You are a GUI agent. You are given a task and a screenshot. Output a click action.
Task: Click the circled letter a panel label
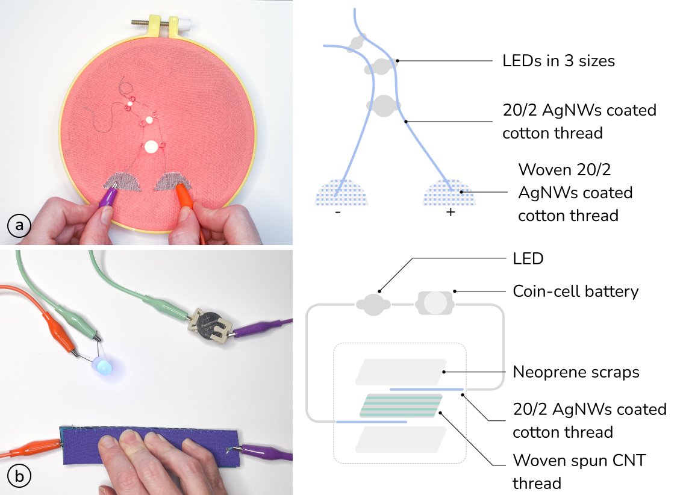tap(19, 226)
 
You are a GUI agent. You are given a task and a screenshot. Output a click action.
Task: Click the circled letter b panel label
tap(19, 477)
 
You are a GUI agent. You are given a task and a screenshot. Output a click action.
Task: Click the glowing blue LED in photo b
tap(104, 367)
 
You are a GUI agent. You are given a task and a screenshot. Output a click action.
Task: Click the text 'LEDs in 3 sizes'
tap(558, 61)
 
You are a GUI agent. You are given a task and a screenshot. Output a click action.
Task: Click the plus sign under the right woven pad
tap(450, 212)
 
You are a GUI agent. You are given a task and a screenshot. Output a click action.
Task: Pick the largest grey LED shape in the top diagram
tap(384, 108)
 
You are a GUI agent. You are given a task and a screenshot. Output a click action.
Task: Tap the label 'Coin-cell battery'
tap(575, 291)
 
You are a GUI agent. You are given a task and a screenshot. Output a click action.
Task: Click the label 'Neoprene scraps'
tap(576, 372)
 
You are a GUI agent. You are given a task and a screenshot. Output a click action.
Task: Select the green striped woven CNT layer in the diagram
tap(401, 405)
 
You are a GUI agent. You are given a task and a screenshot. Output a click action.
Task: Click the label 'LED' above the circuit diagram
tap(528, 259)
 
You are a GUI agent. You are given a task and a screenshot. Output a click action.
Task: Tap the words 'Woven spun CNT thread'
tap(579, 472)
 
